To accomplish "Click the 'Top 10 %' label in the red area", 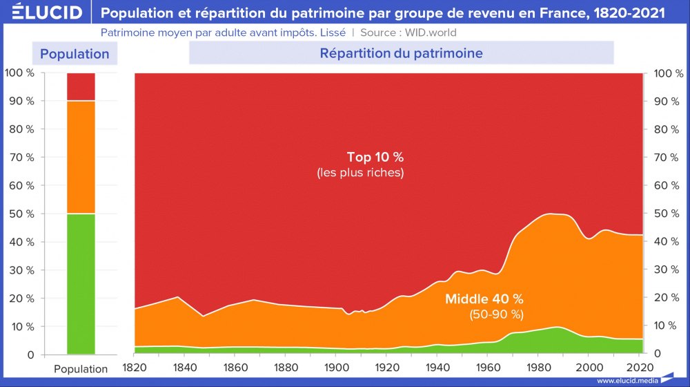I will tap(375, 157).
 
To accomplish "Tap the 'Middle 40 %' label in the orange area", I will tap(484, 299).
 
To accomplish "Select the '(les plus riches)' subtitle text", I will tap(360, 173).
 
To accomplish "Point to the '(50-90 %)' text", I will tap(496, 314).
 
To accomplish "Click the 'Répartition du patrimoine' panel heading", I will tap(401, 53).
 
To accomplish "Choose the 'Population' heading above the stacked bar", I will tap(75, 54).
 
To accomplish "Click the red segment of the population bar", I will tap(81, 86).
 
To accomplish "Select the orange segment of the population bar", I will tap(81, 158).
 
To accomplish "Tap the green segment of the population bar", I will tap(81, 284).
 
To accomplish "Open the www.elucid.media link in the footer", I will tap(627, 381).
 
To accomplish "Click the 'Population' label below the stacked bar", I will tap(81, 369).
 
